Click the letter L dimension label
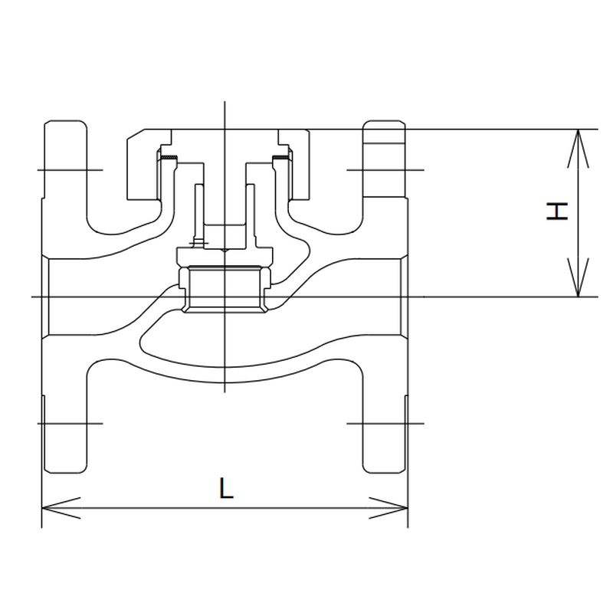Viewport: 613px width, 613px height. coord(225,488)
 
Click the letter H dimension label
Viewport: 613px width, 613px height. coord(558,211)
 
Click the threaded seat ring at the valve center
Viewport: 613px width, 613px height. coord(224,289)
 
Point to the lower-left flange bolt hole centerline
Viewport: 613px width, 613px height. coord(69,422)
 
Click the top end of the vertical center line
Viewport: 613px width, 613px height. coord(224,103)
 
